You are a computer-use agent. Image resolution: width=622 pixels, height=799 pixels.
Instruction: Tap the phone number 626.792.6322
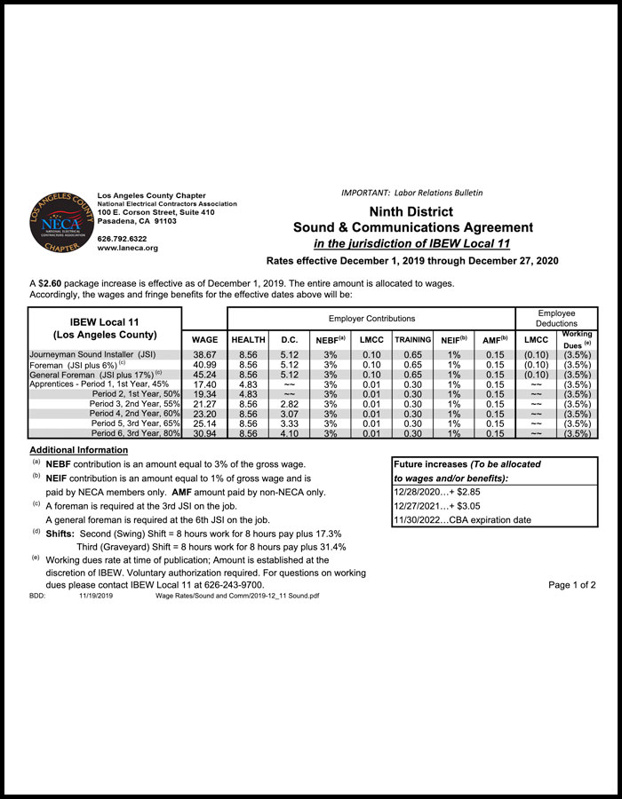(122, 239)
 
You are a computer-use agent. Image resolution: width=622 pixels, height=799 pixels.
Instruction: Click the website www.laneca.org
(127, 249)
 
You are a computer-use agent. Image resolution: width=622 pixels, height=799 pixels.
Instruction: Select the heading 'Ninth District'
(411, 212)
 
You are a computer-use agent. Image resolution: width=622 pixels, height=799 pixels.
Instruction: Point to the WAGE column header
(204, 340)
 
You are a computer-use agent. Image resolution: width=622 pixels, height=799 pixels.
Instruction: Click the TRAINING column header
(412, 340)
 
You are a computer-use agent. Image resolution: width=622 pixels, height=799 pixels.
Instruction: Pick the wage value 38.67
(204, 354)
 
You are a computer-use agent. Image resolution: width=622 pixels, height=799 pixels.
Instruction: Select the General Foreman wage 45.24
(204, 375)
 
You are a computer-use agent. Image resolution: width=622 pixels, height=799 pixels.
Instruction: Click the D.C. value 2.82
(289, 404)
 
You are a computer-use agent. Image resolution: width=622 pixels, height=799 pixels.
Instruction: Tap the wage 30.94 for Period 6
(204, 434)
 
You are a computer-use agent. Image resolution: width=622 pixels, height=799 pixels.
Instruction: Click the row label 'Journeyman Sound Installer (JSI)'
(92, 354)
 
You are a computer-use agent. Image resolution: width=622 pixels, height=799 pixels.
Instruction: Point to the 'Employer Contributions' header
(371, 318)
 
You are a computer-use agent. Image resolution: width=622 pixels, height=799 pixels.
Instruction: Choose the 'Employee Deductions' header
(556, 318)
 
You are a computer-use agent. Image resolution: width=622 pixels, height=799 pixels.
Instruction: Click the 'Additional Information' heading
(78, 451)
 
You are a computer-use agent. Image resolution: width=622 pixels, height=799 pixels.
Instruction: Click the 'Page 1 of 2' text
(571, 585)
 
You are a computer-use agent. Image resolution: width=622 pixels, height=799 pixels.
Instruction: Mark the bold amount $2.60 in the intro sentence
(50, 283)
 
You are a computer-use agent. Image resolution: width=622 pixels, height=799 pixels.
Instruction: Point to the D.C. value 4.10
(289, 434)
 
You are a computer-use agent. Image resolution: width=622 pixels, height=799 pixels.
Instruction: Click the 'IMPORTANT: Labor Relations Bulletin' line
(411, 193)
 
